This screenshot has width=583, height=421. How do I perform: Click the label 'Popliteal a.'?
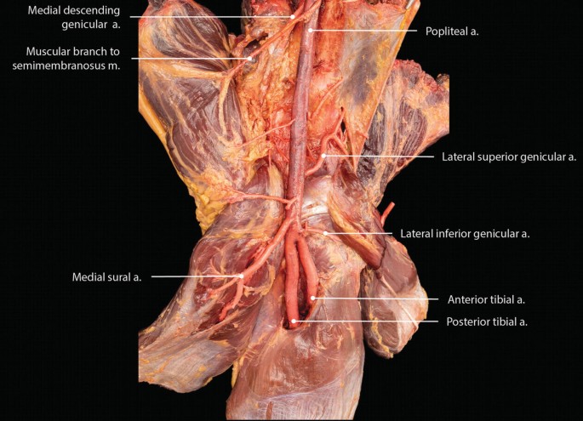pyautogui.click(x=451, y=31)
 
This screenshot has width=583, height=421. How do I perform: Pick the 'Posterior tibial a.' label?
pyautogui.click(x=487, y=321)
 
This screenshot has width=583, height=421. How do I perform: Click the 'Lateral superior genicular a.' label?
pyautogui.click(x=509, y=156)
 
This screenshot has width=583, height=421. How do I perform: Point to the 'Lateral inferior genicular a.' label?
pyautogui.click(x=465, y=234)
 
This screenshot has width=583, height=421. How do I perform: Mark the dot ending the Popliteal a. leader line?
pyautogui.click(x=312, y=31)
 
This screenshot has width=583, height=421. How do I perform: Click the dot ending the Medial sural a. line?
pyautogui.click(x=243, y=276)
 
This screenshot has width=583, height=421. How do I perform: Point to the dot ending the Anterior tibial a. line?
pyautogui.click(x=313, y=299)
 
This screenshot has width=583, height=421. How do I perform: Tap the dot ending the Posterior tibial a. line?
pyautogui.click(x=294, y=321)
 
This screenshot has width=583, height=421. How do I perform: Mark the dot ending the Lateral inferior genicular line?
pyautogui.click(x=323, y=233)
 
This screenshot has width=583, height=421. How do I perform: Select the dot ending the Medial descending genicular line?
pyautogui.click(x=293, y=16)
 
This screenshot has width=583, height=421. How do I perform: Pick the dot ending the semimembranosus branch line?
pyautogui.click(x=250, y=59)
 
